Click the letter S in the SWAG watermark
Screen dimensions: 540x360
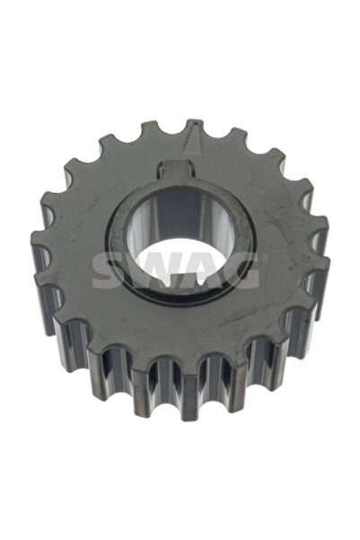pyautogui.click(x=110, y=269)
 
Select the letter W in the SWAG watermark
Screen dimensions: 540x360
pyautogui.click(x=154, y=269)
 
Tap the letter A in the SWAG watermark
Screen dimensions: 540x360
pyautogui.click(x=199, y=269)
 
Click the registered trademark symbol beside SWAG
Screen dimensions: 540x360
pyautogui.click(x=261, y=258)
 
